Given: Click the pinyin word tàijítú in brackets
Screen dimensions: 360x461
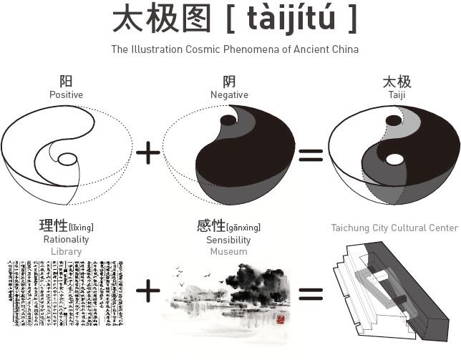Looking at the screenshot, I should (x=291, y=20).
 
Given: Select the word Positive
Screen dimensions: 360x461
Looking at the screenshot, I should (x=66, y=94).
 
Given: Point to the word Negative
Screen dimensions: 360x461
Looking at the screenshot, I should (x=229, y=94).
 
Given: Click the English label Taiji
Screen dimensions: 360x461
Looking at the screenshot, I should (x=396, y=94).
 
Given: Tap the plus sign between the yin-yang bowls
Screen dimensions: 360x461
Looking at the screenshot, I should (x=147, y=153).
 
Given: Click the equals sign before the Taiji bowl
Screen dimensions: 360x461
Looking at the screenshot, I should (x=311, y=154).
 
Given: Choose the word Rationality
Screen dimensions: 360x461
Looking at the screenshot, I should (x=66, y=240).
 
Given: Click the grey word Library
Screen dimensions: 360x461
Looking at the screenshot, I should (x=66, y=251).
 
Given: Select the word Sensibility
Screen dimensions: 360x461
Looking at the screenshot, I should (x=228, y=240).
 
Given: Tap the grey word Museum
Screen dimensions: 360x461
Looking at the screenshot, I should (x=228, y=251).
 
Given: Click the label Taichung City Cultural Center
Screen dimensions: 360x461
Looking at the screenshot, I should (x=394, y=228).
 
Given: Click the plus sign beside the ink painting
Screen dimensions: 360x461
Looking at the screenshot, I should (x=147, y=291).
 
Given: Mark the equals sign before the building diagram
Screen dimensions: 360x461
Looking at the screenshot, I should (x=311, y=292).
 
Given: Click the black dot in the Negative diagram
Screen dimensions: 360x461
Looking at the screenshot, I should (x=228, y=120).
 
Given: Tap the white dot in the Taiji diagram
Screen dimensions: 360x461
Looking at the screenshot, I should (x=393, y=159).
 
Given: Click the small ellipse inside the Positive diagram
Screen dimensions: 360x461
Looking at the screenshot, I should (x=67, y=159).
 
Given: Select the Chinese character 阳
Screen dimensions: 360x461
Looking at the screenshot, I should (x=66, y=82).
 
